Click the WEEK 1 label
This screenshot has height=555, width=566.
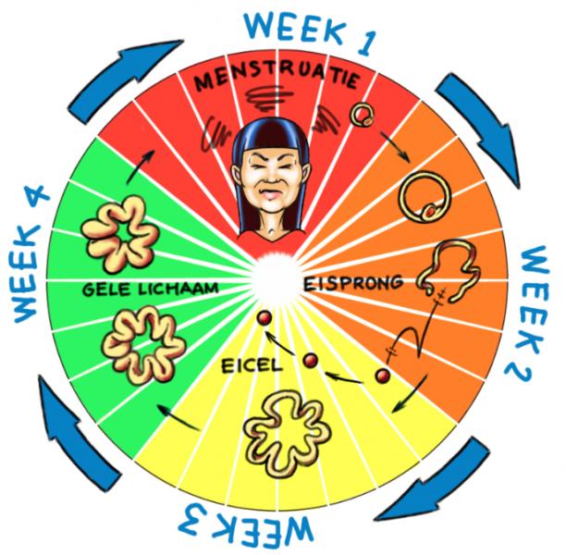coord(311,33)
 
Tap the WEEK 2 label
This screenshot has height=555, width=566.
coord(528,314)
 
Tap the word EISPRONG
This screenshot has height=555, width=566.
coord(352,283)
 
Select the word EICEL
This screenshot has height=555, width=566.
coord(252,365)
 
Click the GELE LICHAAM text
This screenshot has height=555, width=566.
coord(150,289)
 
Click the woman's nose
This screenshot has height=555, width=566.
coord(270,178)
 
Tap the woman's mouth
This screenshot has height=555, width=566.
coord(270,194)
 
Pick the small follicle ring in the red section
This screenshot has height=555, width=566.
coord(362,116)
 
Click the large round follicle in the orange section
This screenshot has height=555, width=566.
coord(424,197)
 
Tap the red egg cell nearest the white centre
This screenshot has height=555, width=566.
coord(265,318)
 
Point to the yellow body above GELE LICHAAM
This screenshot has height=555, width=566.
coord(120,234)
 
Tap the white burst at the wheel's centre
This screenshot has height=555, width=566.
coord(277,281)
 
